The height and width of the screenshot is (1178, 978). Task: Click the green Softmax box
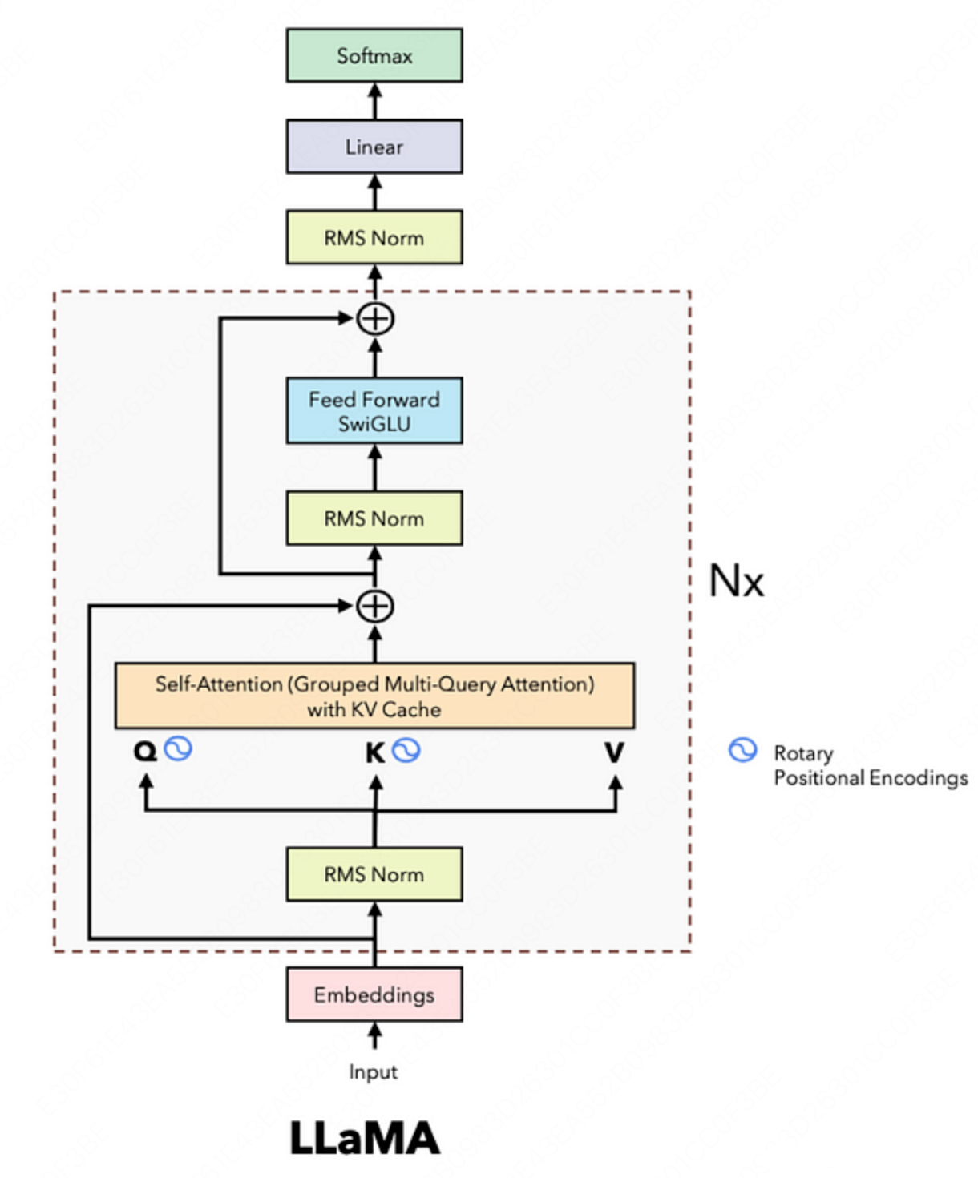coord(374,55)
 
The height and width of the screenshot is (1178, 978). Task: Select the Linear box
coord(374,147)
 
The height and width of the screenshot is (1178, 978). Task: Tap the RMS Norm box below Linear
coord(374,237)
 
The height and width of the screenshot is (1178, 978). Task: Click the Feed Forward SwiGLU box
coord(374,411)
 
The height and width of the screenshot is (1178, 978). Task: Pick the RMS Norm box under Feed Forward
coord(374,518)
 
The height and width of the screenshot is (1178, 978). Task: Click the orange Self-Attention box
coord(374,696)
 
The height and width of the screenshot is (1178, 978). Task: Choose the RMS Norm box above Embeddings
coord(374,874)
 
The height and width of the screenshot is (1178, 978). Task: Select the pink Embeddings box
coord(374,994)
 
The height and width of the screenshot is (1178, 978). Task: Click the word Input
coord(373,1071)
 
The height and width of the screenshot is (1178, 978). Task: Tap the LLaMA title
coord(365,1138)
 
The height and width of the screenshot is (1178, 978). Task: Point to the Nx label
coord(737,580)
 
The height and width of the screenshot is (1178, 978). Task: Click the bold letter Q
coord(145,752)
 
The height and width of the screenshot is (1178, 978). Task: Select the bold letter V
coord(615,752)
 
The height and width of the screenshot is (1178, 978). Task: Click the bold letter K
coord(375,752)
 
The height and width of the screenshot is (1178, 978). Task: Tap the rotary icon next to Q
coord(178,748)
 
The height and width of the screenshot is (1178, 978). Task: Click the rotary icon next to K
coord(406,750)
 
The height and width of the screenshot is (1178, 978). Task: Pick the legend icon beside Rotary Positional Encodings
coord(742,750)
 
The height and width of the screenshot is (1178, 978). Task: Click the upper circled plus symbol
coord(375,319)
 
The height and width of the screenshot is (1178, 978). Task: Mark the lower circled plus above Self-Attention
coord(375,607)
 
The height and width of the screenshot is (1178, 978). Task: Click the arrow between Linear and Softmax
coord(375,101)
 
